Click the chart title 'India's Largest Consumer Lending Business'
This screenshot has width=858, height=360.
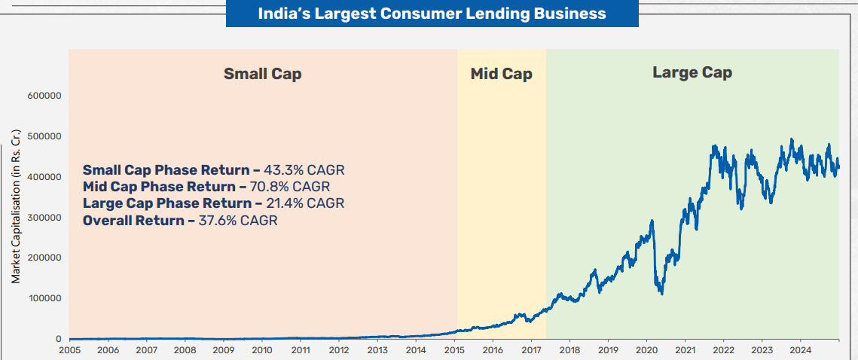tap(432, 14)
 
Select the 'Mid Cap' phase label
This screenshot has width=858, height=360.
tap(501, 74)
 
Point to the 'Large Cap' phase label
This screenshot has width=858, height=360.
tap(692, 72)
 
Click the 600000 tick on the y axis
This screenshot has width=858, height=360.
tap(43, 96)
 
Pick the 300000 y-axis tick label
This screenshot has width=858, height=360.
tap(43, 218)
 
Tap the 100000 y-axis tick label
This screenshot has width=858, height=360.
tap(43, 298)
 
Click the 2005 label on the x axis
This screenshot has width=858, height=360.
tap(69, 350)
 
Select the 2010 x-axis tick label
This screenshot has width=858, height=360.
tap(261, 350)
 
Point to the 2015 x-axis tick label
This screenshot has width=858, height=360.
tap(454, 350)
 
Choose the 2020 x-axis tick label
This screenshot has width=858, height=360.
tap(647, 350)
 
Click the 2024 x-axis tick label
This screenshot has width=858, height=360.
tap(801, 350)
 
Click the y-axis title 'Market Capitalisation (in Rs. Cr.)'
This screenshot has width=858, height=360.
tap(15, 205)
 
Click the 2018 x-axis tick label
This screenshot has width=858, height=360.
tap(569, 350)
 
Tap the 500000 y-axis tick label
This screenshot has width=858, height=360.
tap(43, 136)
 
